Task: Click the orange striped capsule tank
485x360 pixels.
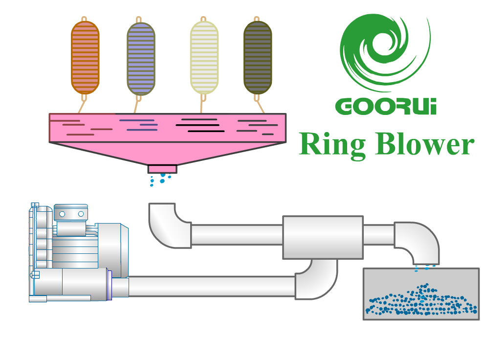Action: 85,57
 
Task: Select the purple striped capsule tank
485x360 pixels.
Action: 141,58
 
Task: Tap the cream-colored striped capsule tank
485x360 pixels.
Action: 204,58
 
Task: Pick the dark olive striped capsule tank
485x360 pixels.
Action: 257,58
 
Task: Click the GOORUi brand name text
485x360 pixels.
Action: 386,106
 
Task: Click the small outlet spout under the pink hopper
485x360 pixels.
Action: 162,169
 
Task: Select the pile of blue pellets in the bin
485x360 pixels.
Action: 420,301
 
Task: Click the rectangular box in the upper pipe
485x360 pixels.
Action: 323,237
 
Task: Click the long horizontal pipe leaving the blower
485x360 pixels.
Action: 210,286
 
